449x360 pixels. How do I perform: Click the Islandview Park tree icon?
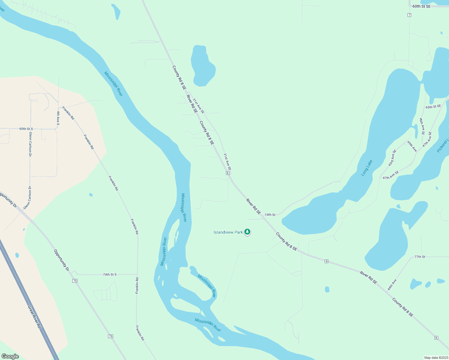247,232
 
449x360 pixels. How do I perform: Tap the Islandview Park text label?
228,232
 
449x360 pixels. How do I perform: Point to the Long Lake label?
367,168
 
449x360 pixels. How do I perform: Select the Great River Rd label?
34,317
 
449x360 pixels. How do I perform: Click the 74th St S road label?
110,274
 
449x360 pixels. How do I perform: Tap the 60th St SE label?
421,6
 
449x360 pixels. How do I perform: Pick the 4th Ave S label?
58,118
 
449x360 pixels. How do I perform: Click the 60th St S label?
26,129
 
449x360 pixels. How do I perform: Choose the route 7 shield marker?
409,15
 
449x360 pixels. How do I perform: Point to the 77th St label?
420,257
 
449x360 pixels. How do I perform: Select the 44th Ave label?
392,284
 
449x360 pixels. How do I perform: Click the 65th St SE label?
433,107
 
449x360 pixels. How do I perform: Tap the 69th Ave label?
412,146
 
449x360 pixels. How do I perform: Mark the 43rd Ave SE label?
392,158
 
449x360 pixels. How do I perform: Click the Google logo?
10,356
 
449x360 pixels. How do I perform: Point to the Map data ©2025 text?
435,358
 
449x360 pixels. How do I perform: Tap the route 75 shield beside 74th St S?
75,281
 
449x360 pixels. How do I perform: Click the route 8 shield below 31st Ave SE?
228,173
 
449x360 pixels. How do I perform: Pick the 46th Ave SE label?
422,126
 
